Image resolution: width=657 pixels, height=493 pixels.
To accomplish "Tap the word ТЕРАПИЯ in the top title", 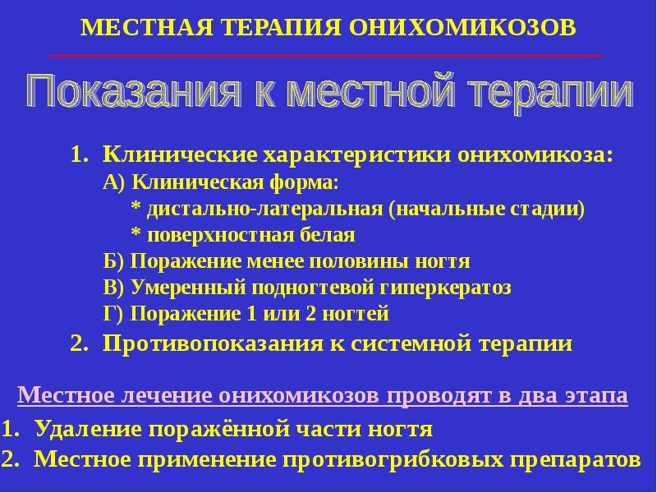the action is pos(282,28).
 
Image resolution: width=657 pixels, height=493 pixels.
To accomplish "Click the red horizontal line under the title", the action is pos(327,55).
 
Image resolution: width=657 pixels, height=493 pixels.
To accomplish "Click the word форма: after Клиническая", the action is pos(303,182).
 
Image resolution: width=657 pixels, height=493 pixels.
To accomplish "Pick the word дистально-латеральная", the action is pos(264,209).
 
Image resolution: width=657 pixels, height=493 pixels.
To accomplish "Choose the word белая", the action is pos(327,235).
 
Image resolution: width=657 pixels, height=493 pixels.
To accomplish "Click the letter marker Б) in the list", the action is pos(113,261).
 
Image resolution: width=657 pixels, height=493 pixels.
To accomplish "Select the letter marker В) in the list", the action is pos(113,288).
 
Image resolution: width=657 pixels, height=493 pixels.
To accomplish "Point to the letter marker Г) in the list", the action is pos(113,314).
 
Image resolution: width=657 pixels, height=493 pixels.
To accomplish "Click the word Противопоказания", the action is pos(214,343).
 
